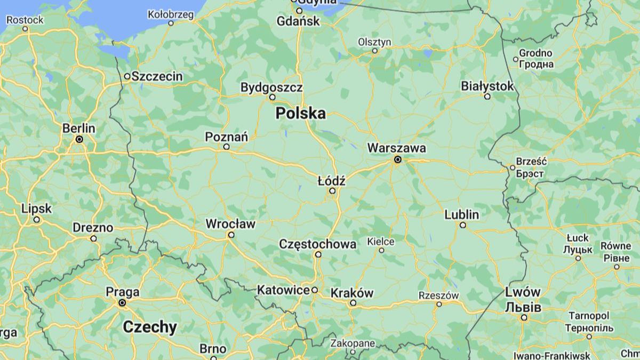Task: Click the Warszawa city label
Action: [x=396, y=148]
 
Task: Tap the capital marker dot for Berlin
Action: [x=79, y=139]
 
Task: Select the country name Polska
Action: [x=300, y=113]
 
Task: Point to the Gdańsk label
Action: [x=298, y=21]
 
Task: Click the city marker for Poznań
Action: [x=226, y=146]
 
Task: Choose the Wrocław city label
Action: [x=230, y=224]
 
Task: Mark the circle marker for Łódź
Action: [x=332, y=190]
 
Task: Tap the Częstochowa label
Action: [x=318, y=244]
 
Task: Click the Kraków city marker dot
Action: [x=353, y=303]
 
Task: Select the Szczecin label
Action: [x=157, y=76]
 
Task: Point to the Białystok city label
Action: [x=487, y=86]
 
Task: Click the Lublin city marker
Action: [x=463, y=225]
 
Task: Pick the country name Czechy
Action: [x=150, y=327]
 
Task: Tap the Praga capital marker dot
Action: [x=122, y=302]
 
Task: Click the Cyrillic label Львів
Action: [x=523, y=308]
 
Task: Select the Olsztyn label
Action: [x=374, y=42]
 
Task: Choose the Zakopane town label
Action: [x=353, y=343]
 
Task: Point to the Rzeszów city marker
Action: [x=439, y=304]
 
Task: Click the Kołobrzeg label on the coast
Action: [x=171, y=14]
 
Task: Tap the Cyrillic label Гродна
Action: [x=536, y=64]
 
